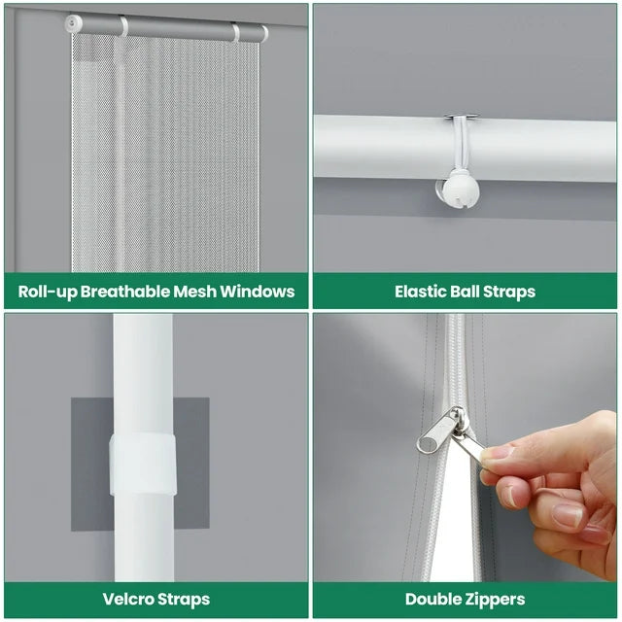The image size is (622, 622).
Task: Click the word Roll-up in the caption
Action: pos(48,292)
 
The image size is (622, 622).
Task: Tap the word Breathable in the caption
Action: pos(125,292)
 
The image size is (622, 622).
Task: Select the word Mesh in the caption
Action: pos(194,292)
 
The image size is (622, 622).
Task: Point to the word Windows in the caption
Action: pos(257,292)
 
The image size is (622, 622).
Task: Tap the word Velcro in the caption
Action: pos(128,599)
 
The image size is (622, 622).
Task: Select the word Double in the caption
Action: pos(430,599)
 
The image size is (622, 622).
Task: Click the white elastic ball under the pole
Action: pos(461,189)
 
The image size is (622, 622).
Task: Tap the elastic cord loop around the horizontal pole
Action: pos(462,143)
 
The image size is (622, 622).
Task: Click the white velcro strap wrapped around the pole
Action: pos(143,465)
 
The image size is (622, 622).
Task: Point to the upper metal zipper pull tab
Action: pos(439,432)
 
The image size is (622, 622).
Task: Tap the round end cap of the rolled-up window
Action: pos(74,23)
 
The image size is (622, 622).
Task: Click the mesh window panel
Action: pos(165,153)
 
